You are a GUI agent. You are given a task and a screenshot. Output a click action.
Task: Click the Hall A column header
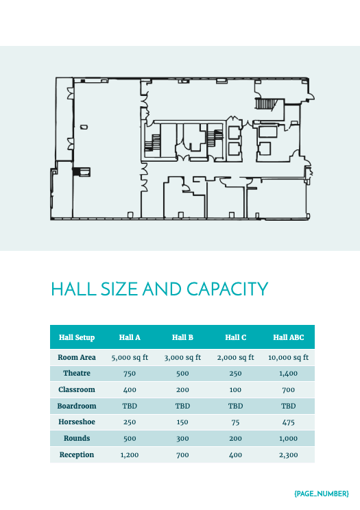(x=130, y=337)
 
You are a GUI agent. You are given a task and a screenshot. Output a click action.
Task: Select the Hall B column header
(x=182, y=337)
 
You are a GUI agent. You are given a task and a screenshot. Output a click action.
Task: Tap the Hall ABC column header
(x=288, y=337)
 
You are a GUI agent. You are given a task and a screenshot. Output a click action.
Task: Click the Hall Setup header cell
(x=77, y=337)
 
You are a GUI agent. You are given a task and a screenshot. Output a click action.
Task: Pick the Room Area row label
(x=77, y=357)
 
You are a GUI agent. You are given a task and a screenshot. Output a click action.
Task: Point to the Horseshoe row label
(x=77, y=422)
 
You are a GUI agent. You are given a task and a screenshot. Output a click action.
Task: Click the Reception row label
(x=77, y=454)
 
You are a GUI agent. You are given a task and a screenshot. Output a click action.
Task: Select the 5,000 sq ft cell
(x=130, y=357)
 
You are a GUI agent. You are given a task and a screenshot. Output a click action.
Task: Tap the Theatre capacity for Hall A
(x=130, y=374)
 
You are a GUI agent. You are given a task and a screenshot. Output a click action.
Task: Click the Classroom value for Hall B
(x=182, y=389)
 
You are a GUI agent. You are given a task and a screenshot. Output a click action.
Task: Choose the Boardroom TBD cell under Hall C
(x=235, y=406)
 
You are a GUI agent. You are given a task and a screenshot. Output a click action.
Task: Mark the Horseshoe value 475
(x=288, y=422)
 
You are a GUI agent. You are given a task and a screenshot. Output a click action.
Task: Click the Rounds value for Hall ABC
(x=288, y=438)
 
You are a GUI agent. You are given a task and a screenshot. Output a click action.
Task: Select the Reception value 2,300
(x=288, y=454)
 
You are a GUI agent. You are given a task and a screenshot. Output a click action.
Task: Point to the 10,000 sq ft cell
(x=288, y=357)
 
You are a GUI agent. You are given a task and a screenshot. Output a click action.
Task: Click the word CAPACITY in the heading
(x=226, y=289)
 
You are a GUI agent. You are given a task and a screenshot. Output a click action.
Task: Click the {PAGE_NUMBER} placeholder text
(x=322, y=493)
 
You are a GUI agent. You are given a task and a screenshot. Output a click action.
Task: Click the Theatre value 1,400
(x=288, y=374)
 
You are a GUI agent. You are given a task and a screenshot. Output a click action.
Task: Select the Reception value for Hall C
(x=235, y=454)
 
